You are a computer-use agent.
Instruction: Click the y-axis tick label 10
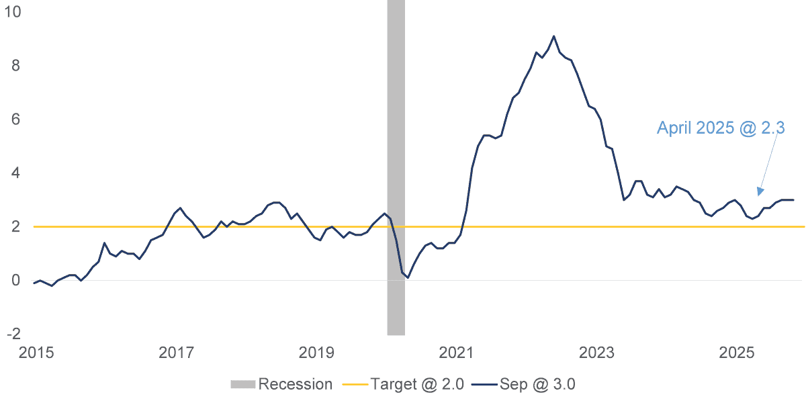point(13,12)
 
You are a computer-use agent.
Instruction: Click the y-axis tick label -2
point(13,334)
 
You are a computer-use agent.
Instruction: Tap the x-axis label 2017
point(176,353)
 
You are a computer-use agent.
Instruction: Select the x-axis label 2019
point(316,353)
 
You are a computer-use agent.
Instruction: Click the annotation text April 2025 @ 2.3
point(723,128)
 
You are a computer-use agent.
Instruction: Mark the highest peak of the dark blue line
point(553,36)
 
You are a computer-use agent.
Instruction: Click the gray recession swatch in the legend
point(242,384)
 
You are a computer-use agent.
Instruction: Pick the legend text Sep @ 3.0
point(537,384)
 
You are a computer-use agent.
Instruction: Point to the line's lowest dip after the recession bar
point(408,277)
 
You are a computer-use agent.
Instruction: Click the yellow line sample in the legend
point(355,384)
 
